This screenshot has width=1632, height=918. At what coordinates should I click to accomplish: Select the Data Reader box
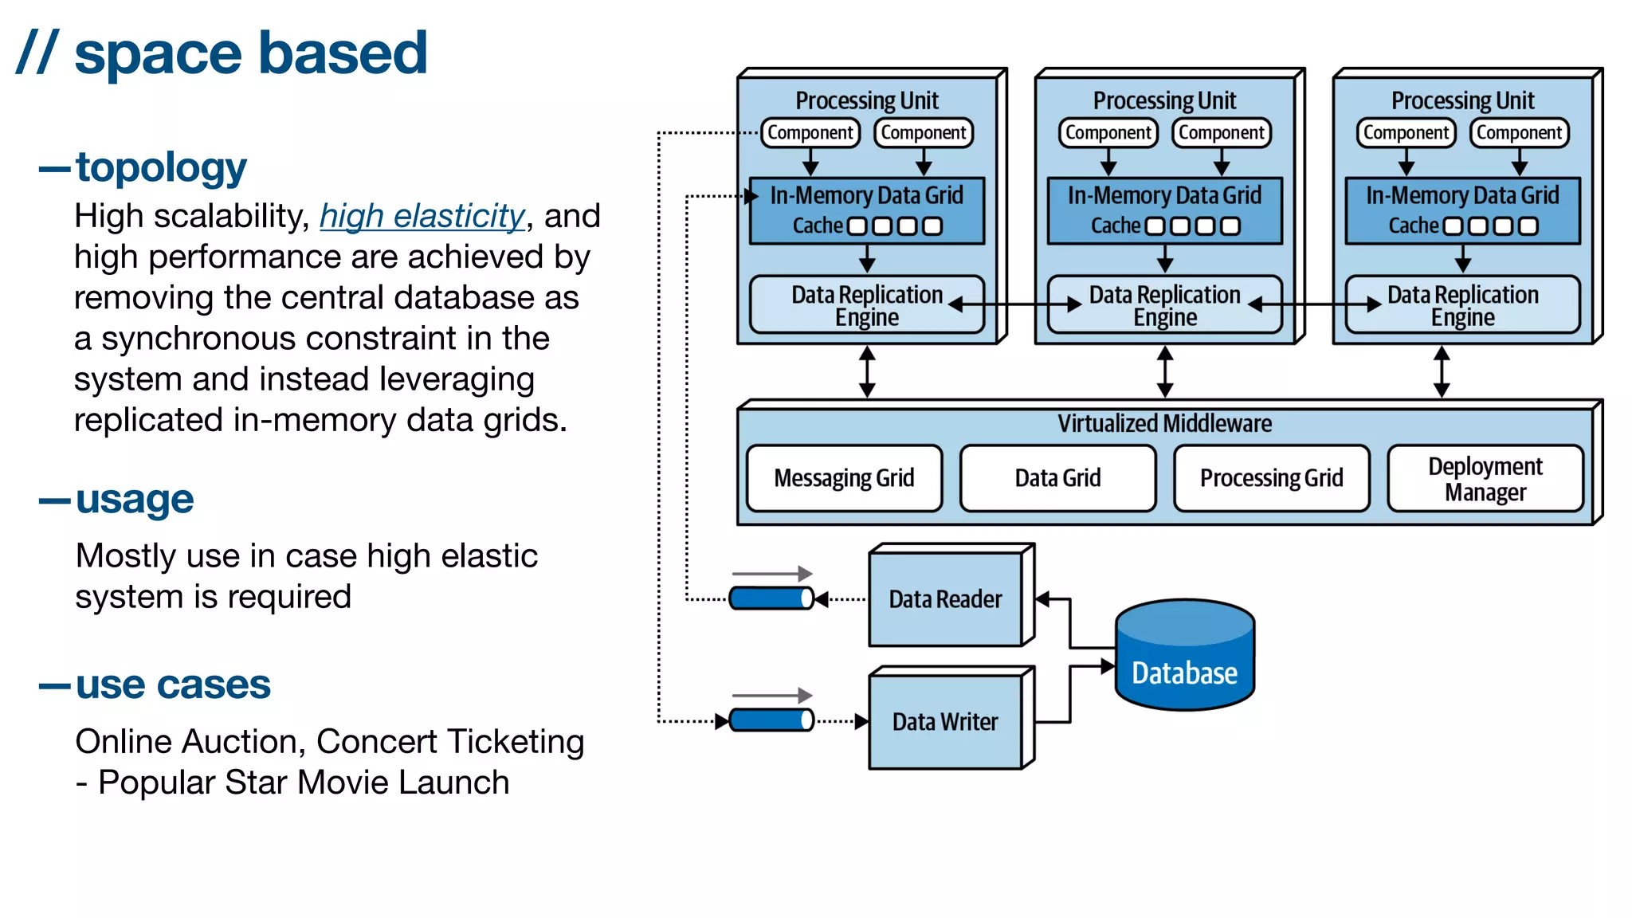click(x=946, y=599)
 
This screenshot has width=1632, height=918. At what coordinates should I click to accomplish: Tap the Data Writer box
click(x=946, y=722)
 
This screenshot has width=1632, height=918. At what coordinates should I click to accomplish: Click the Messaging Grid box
click(x=845, y=478)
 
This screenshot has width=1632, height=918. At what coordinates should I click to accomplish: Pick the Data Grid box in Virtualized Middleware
click(x=1057, y=478)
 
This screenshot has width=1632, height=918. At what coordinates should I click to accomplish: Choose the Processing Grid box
click(x=1272, y=478)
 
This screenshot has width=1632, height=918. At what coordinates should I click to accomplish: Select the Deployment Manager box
click(x=1485, y=478)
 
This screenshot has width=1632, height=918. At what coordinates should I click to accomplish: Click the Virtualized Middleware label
click(x=1164, y=423)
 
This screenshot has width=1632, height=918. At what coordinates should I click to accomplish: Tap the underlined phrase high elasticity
click(x=422, y=216)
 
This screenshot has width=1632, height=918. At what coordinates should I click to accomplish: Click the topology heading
click(x=161, y=167)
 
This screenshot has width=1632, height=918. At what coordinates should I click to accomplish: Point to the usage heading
click(x=135, y=500)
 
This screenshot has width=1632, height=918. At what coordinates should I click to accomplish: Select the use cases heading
click(x=173, y=685)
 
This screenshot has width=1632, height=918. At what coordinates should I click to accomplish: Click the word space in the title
click(x=158, y=54)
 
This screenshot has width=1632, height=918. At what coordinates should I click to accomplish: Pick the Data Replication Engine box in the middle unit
click(x=1164, y=305)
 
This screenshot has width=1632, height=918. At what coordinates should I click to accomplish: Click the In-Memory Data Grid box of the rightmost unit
click(x=1462, y=210)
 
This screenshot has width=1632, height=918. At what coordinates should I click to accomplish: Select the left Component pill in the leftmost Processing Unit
click(x=810, y=132)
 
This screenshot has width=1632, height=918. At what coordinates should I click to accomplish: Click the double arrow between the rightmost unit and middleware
click(x=1442, y=371)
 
